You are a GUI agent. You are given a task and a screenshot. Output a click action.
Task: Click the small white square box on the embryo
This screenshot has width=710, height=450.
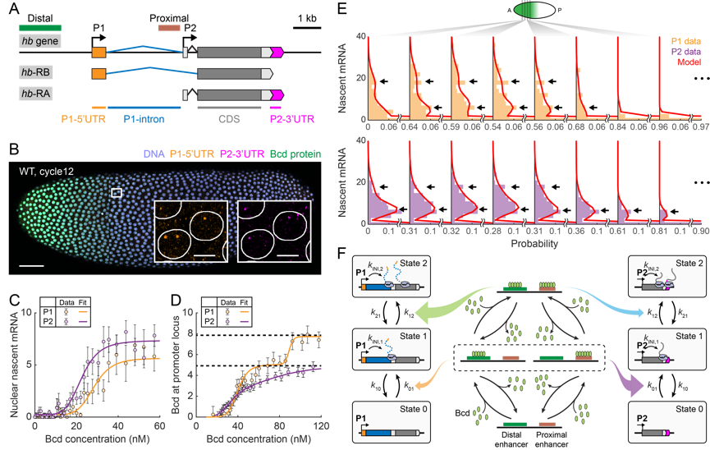(117, 192)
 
